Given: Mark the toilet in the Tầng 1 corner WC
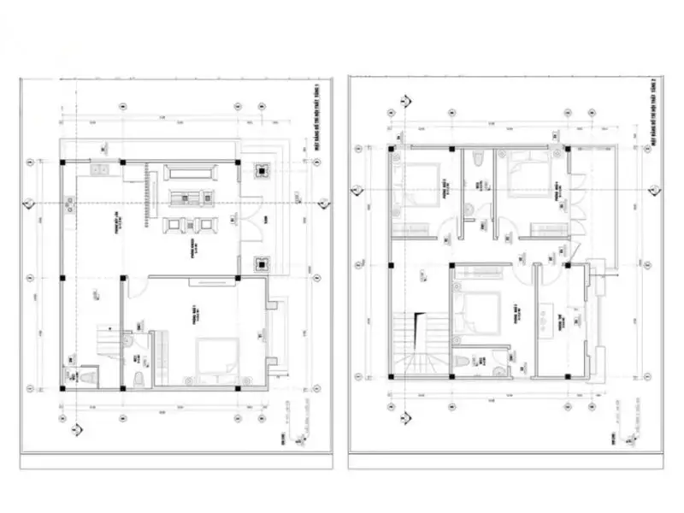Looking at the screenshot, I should click(x=85, y=375).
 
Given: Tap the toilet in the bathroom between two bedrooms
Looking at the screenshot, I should click(x=481, y=160).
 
